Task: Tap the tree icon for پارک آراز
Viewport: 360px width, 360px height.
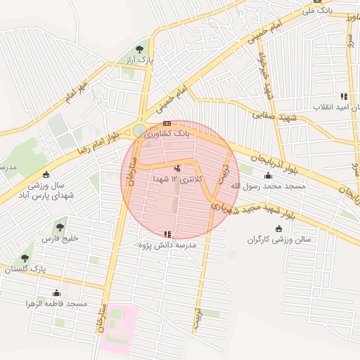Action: tap(139, 49)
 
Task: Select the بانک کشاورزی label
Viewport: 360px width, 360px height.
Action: tap(167, 132)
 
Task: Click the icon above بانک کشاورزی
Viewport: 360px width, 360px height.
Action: tap(167, 122)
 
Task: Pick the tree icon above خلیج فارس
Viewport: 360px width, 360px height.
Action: tap(60, 227)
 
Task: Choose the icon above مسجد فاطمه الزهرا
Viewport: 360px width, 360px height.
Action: tap(55, 292)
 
